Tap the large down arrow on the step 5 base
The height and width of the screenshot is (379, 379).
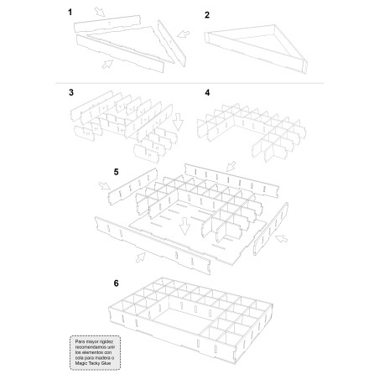[x=183, y=225]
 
